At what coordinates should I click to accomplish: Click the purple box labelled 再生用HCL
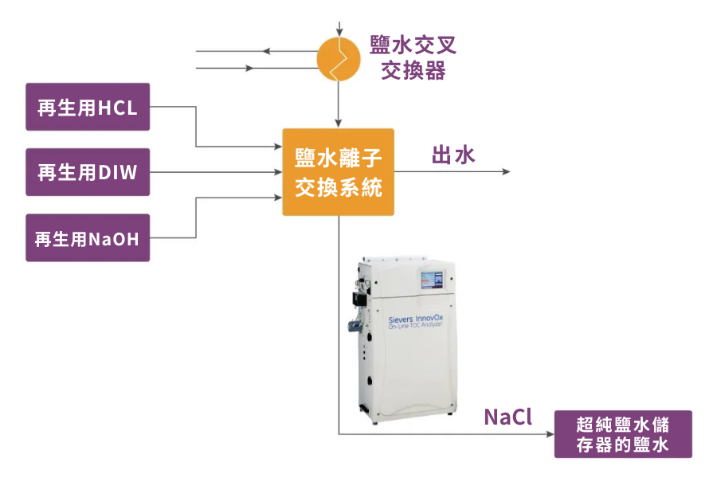88,107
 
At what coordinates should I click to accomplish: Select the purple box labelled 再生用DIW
88,171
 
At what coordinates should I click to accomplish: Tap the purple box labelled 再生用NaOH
88,237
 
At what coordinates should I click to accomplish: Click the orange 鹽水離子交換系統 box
339,172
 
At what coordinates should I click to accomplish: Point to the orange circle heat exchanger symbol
339,58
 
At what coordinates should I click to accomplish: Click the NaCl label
507,417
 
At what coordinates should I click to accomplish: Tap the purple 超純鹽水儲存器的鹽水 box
623,434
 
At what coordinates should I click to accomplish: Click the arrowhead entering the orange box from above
339,123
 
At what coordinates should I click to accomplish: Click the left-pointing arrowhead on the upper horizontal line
268,52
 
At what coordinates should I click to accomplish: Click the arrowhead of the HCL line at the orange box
277,147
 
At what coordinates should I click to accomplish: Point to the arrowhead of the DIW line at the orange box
277,172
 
